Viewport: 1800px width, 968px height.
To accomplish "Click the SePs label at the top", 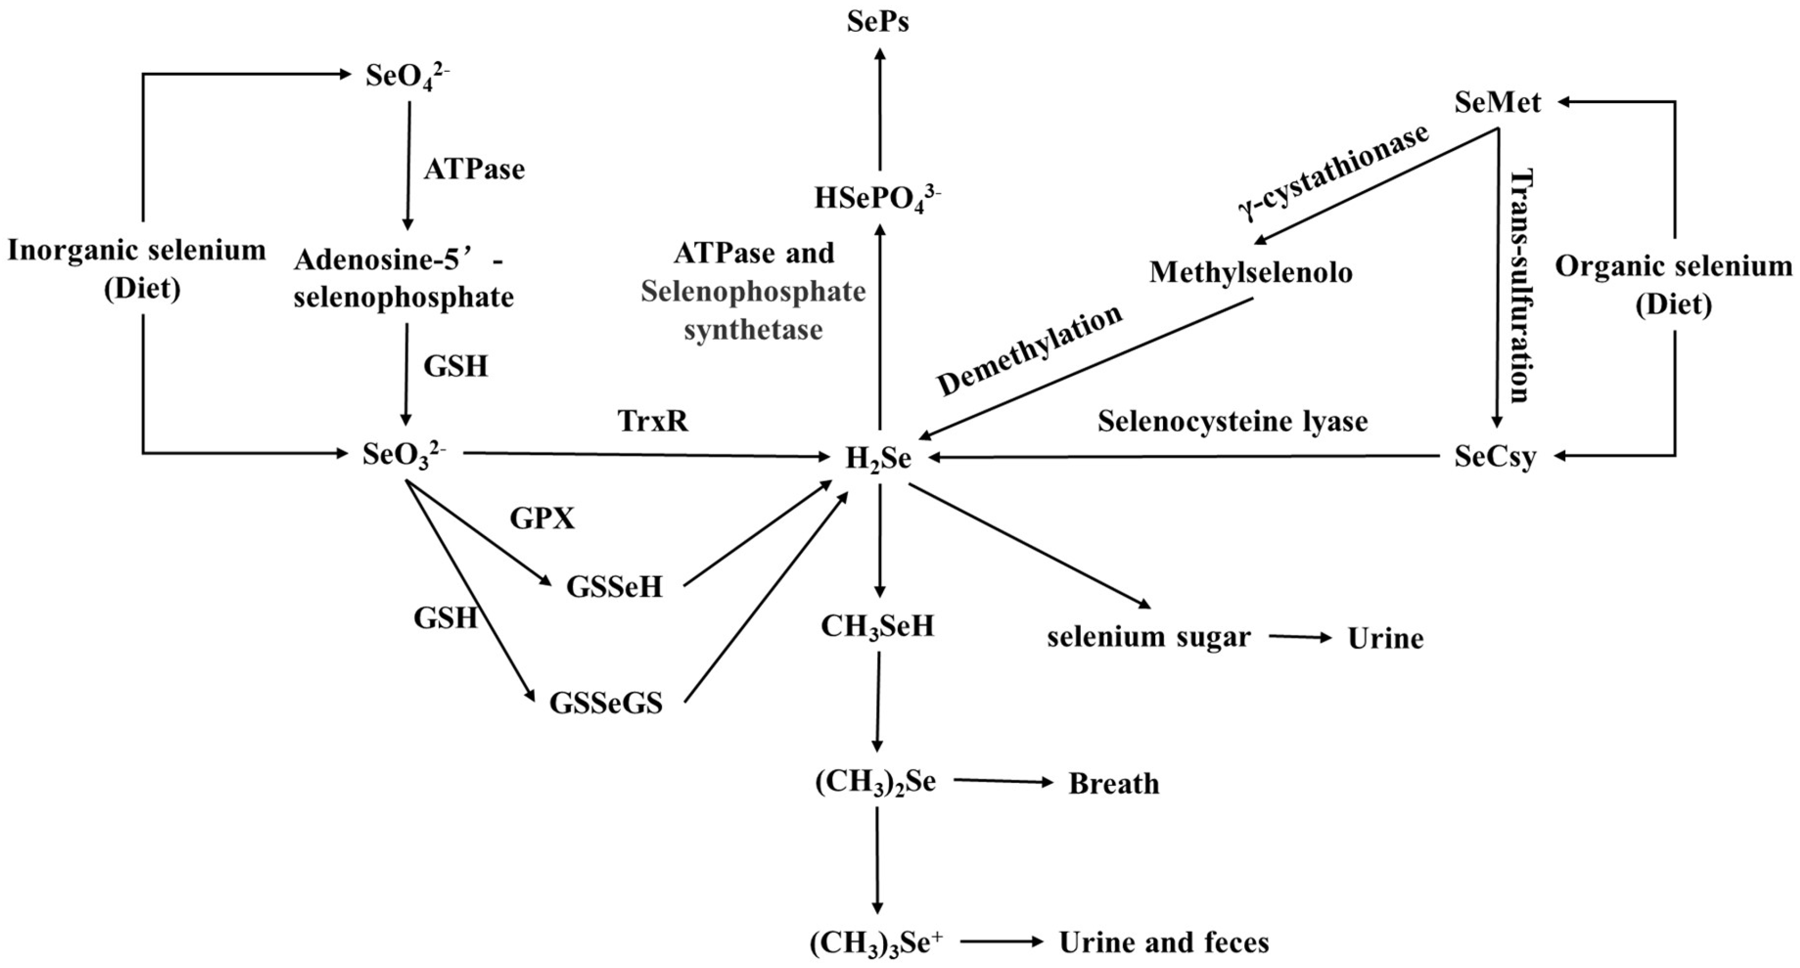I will point(878,22).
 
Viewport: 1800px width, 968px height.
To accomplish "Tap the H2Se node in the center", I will point(878,458).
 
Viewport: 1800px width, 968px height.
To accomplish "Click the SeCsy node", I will point(1496,457).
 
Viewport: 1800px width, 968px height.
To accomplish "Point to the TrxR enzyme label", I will point(653,422).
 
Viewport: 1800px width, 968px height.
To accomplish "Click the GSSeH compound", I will point(614,588).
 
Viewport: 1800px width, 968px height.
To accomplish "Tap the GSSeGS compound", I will point(606,703).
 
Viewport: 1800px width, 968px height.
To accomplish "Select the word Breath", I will point(1114,784).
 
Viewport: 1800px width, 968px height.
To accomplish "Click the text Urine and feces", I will point(1164,943).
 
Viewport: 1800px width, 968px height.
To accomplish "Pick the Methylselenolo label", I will point(1251,273).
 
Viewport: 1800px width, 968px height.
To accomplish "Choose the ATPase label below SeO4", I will point(474,170).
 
